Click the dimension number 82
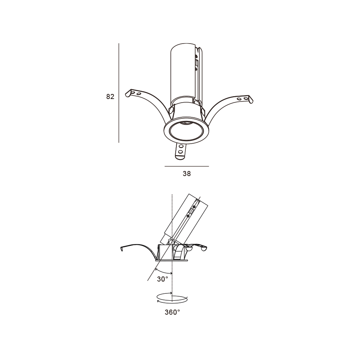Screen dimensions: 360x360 point(110,96)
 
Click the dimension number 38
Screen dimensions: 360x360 point(186,174)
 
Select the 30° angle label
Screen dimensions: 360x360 point(163,279)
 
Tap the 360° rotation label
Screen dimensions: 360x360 point(172,312)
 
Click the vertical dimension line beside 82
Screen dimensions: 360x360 point(119,93)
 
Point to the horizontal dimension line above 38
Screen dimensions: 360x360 point(186,166)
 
